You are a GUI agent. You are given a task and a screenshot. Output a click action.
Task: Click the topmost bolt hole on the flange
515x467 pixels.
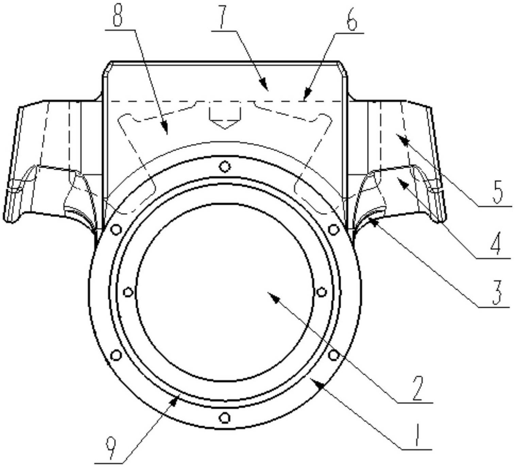pyautogui.click(x=225, y=166)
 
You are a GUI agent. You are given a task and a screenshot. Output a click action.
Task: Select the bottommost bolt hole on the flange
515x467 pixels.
pyautogui.click(x=225, y=418)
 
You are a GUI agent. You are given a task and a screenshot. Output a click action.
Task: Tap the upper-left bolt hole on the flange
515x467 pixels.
pyautogui.click(x=116, y=229)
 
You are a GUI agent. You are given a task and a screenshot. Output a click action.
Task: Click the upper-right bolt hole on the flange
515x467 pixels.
pyautogui.click(x=333, y=229)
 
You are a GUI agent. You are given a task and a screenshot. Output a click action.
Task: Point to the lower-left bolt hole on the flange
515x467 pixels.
pyautogui.click(x=116, y=355)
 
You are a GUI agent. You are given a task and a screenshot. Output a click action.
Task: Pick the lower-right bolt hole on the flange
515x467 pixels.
pyautogui.click(x=333, y=355)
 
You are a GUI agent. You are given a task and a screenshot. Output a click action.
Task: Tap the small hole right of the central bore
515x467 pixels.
pyautogui.click(x=321, y=292)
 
